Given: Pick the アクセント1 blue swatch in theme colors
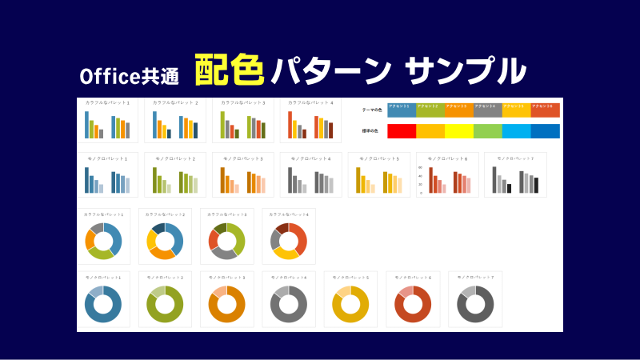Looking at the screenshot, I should (401, 110).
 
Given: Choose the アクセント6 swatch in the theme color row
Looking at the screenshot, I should (545, 110).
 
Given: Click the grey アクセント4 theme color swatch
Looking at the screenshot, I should (487, 110).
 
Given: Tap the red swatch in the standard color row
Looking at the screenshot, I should (401, 131).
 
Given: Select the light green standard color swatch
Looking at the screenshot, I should (487, 131).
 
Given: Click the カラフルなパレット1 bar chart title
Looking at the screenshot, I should (107, 102).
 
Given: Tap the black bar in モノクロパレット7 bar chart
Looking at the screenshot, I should (536, 186).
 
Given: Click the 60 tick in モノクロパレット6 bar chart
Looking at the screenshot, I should (421, 168).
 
